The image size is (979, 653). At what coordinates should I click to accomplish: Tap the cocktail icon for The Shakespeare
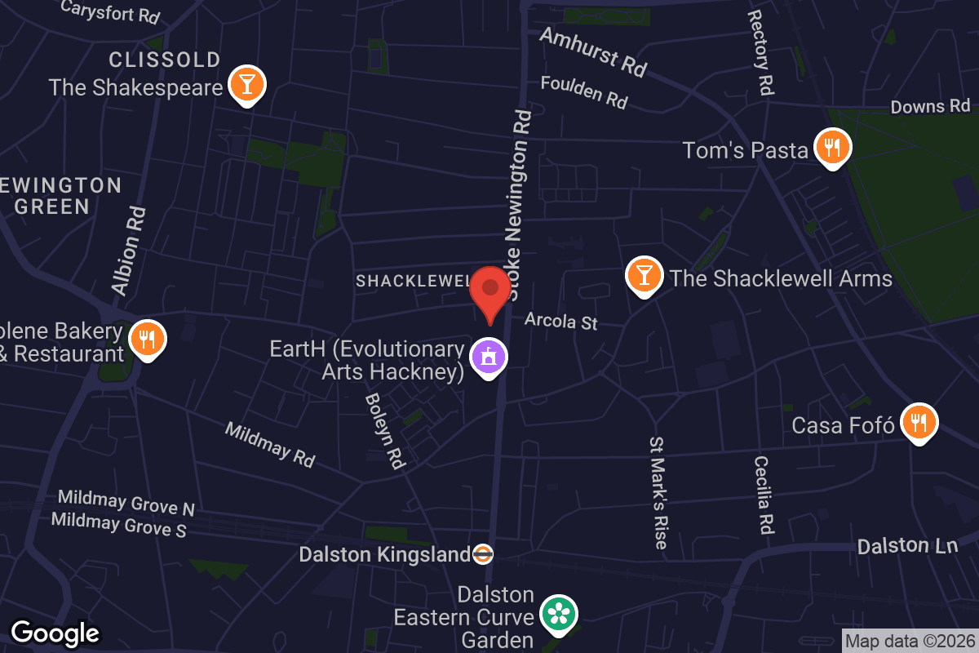click(246, 84)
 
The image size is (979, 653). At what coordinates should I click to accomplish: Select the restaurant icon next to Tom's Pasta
click(831, 148)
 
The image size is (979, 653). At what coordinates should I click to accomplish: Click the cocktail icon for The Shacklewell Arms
click(644, 276)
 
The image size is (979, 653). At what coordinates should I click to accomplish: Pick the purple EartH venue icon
click(489, 357)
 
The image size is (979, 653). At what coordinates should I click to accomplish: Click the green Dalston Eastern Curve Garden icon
click(560, 614)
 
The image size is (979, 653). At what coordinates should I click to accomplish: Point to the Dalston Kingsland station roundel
click(483, 554)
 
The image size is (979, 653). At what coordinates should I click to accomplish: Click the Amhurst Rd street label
click(593, 51)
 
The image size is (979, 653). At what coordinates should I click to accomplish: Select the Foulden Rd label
click(584, 92)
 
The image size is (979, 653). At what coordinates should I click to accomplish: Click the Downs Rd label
click(930, 106)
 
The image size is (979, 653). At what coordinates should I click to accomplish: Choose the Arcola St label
click(560, 321)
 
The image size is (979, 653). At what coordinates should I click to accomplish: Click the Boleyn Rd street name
click(385, 431)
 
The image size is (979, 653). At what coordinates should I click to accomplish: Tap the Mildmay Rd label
click(269, 444)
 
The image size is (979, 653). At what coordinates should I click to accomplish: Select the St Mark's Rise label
click(658, 491)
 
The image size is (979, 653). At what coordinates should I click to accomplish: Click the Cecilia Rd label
click(764, 495)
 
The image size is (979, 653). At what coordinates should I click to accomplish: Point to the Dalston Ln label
click(907, 546)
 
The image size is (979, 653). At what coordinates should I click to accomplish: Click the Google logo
click(55, 633)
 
